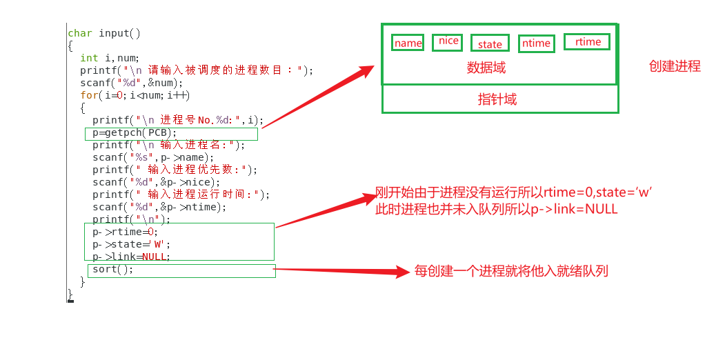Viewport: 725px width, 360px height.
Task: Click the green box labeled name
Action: (x=408, y=43)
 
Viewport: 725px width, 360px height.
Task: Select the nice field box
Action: (x=448, y=41)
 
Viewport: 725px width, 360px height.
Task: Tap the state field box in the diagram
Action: (x=490, y=44)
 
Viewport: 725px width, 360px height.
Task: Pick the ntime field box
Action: (x=536, y=43)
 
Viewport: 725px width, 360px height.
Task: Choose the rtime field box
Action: (x=587, y=41)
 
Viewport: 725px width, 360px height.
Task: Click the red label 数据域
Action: (x=486, y=68)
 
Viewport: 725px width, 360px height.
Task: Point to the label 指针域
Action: (x=497, y=99)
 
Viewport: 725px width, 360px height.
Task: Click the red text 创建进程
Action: (x=675, y=66)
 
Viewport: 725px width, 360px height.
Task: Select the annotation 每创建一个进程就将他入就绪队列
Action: (x=511, y=271)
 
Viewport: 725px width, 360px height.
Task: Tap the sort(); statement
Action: (x=112, y=270)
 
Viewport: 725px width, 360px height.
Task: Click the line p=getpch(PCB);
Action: (x=135, y=132)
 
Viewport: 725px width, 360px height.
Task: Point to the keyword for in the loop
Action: (x=89, y=95)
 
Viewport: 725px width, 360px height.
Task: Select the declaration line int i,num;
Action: (x=110, y=58)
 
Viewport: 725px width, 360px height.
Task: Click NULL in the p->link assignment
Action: (x=155, y=257)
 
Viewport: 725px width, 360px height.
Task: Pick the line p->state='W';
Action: (x=131, y=244)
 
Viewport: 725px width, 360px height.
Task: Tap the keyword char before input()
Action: (x=80, y=33)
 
